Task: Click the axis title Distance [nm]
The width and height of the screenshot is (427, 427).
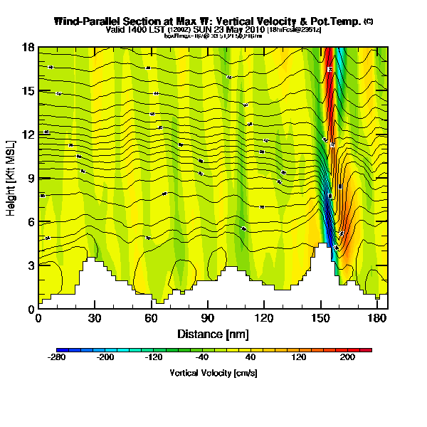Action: (x=213, y=333)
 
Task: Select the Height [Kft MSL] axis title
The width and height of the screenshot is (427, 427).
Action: (x=12, y=179)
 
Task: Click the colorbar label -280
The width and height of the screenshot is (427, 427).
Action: (x=56, y=359)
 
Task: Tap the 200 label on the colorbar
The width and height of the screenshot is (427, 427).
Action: (x=347, y=359)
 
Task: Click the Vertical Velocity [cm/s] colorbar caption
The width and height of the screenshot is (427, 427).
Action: (x=213, y=373)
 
